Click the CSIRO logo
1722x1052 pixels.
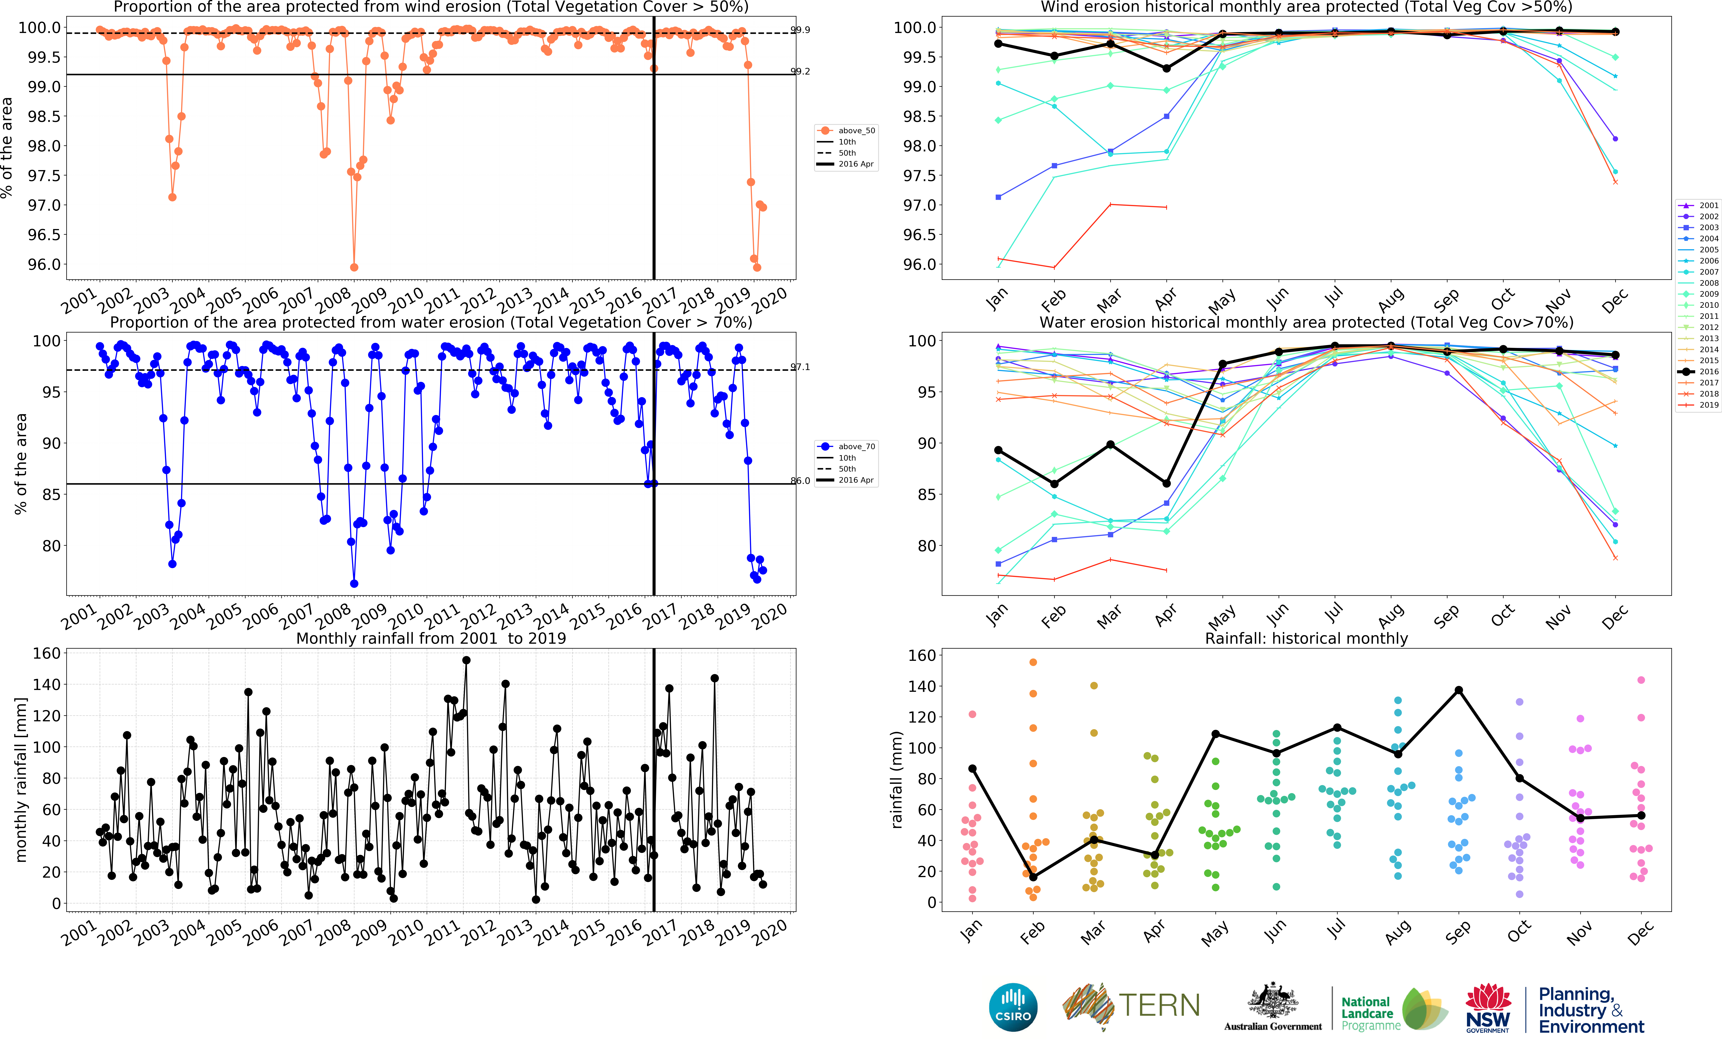point(1013,1007)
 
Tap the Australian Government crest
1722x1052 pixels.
point(1273,1001)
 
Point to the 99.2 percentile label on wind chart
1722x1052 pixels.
point(800,71)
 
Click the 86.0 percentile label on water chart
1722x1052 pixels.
point(800,481)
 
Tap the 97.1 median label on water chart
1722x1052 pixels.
point(800,367)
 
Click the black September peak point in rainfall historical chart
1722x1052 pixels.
point(1459,691)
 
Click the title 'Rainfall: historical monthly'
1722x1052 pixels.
point(1306,638)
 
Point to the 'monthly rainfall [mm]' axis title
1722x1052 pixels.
point(21,779)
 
